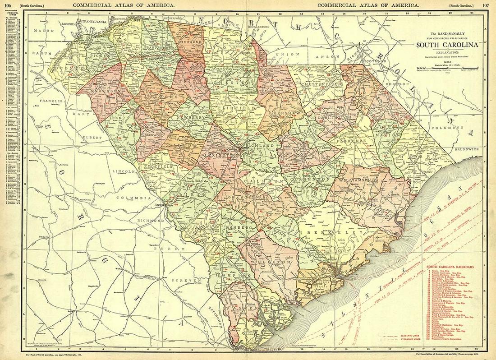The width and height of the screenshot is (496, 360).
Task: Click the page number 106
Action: pyautogui.click(x=8, y=5)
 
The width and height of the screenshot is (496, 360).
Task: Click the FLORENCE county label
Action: pyautogui.click(x=351, y=141)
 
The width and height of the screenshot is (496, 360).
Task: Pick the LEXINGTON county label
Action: pyautogui.click(x=223, y=156)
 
